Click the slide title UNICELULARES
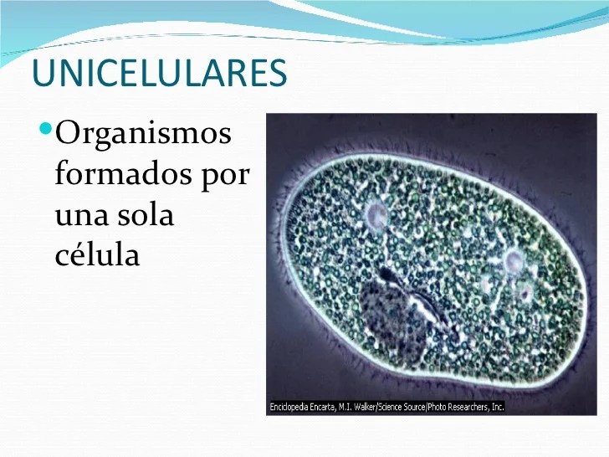160,73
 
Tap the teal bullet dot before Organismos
46,127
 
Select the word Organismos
143,135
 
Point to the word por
225,178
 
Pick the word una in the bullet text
80,217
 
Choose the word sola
144,213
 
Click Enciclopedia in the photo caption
289,407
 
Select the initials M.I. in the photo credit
345,407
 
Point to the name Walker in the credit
365,407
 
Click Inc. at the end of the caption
498,407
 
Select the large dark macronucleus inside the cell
392,318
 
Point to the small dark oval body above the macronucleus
389,275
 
